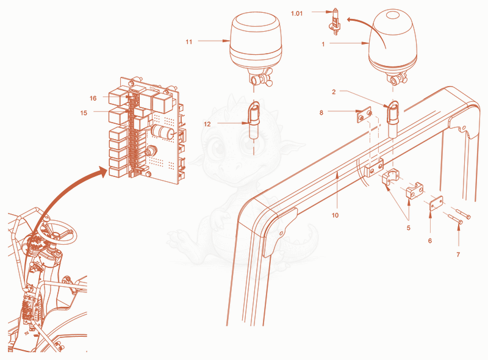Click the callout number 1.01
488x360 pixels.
pyautogui.click(x=296, y=13)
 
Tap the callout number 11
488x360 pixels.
pyautogui.click(x=189, y=41)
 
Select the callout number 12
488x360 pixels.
pyautogui.click(x=207, y=124)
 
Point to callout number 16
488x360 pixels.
pyautogui.click(x=93, y=98)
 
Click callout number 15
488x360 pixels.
pyautogui.click(x=84, y=113)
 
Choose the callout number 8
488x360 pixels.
pyautogui.click(x=321, y=112)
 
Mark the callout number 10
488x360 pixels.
pyautogui.click(x=335, y=215)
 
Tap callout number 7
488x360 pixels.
pyautogui.click(x=458, y=254)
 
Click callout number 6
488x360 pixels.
pyautogui.click(x=430, y=241)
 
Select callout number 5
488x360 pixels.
pyautogui.click(x=409, y=228)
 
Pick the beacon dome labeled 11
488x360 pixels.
pyautogui.click(x=256, y=40)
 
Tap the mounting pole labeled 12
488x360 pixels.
pyautogui.click(x=254, y=120)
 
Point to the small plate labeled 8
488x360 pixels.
pyautogui.click(x=364, y=115)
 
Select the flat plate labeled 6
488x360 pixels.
pyautogui.click(x=436, y=203)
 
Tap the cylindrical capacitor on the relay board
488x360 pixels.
pyautogui.click(x=162, y=131)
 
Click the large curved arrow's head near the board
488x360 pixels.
pyautogui.click(x=102, y=171)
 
